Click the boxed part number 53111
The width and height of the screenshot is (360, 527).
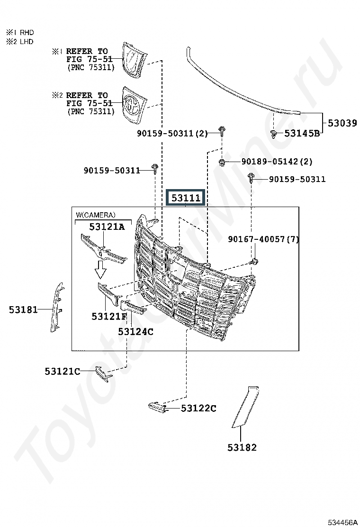tap(186, 198)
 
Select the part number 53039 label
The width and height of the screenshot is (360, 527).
tap(342, 123)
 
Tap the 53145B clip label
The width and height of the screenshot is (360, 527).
tap(302, 134)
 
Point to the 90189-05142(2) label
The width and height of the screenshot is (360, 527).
tap(277, 162)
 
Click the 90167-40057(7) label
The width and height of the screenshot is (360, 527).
tap(263, 239)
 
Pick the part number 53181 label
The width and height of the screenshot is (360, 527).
tap(24, 309)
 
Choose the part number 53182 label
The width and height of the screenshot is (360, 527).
tap(242, 448)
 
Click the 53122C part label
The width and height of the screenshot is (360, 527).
tap(198, 409)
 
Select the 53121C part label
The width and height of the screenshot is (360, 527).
tap(63, 372)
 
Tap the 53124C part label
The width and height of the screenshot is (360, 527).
tap(135, 332)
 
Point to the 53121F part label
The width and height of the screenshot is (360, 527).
tap(109, 316)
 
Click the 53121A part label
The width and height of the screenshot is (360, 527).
tap(107, 227)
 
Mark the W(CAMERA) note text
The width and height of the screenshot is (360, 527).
tap(95, 215)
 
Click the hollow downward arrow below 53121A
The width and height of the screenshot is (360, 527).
tap(100, 269)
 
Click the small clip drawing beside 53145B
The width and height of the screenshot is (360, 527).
tap(273, 135)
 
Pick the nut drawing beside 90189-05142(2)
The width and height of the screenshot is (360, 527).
tap(222, 163)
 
